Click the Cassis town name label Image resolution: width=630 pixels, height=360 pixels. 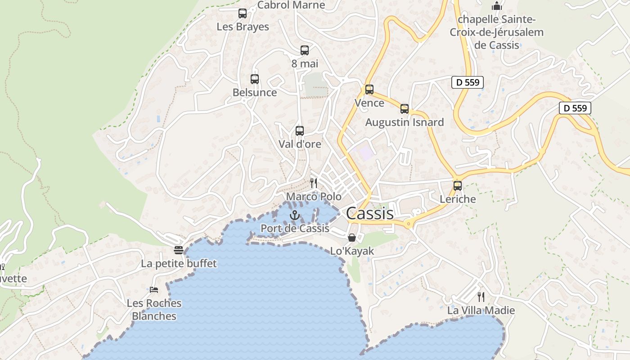click(369, 213)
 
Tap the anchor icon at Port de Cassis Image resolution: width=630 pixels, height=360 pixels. click(295, 215)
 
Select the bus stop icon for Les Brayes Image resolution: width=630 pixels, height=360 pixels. click(243, 13)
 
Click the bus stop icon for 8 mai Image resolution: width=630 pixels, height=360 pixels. click(305, 50)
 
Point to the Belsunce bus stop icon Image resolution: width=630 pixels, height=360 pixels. click(255, 79)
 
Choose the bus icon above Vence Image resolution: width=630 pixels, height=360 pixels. click(369, 90)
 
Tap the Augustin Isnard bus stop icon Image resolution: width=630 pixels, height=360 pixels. click(405, 109)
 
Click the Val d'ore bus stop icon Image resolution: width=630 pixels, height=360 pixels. click(300, 131)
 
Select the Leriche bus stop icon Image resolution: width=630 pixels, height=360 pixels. click(458, 185)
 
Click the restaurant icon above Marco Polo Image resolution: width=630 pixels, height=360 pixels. click(314, 183)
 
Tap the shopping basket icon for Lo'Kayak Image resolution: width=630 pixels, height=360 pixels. click(352, 237)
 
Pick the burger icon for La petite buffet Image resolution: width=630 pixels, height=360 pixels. click(179, 250)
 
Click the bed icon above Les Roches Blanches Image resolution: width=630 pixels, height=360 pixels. click(154, 289)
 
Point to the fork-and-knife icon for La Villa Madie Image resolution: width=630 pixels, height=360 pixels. click(481, 297)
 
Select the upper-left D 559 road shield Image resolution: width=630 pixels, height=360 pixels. click(468, 82)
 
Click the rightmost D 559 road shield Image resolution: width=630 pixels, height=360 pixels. click(575, 108)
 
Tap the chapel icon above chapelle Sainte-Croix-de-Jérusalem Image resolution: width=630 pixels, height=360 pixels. click(497, 6)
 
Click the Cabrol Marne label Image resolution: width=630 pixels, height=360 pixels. click(291, 5)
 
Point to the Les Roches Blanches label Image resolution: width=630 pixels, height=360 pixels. click(154, 310)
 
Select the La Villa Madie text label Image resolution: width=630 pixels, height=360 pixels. click(481, 310)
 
